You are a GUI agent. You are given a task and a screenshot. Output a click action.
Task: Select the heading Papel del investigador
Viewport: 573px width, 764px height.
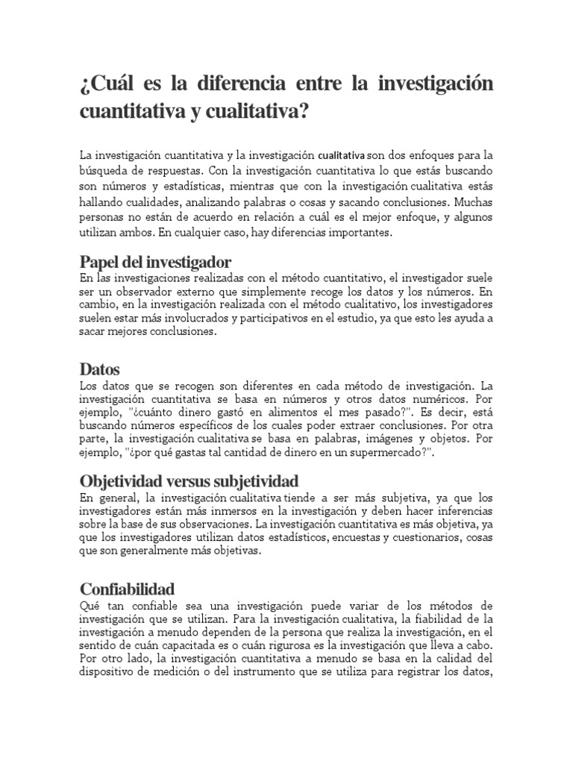pos(155,262)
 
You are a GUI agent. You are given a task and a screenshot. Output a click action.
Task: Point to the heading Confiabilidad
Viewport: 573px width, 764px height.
pos(127,589)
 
